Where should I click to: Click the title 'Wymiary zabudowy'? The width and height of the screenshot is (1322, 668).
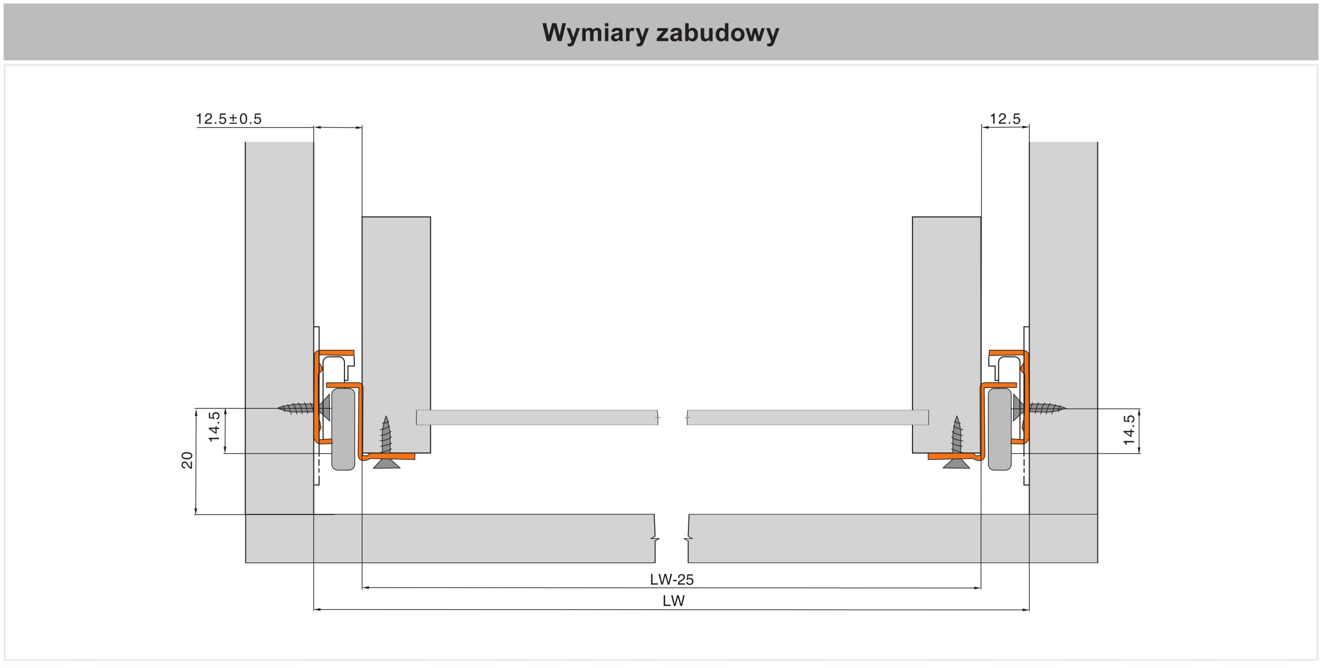660,33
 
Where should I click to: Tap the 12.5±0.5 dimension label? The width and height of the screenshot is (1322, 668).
228,119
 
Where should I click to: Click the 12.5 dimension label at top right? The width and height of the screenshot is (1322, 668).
1004,119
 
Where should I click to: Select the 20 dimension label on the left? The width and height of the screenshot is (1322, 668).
187,460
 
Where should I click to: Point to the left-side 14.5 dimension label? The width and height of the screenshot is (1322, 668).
214,427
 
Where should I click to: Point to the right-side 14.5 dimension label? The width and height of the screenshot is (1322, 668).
1129,430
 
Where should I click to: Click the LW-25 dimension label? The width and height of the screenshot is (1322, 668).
671,580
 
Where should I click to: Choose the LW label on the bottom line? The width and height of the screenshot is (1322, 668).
673,601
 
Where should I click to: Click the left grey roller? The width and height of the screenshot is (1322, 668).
343,429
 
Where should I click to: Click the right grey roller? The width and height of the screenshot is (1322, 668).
999,429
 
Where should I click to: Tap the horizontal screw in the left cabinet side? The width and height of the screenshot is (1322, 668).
297,408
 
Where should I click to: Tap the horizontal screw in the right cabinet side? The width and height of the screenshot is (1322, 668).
1046,408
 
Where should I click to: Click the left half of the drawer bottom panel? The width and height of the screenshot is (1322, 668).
537,417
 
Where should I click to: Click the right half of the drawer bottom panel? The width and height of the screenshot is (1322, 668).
808,417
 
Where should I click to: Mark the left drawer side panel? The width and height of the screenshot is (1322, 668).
396,310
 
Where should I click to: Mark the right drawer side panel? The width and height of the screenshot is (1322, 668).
947,310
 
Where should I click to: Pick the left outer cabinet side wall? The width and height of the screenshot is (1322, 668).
279,258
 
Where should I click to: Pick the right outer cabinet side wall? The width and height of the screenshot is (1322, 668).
1063,258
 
